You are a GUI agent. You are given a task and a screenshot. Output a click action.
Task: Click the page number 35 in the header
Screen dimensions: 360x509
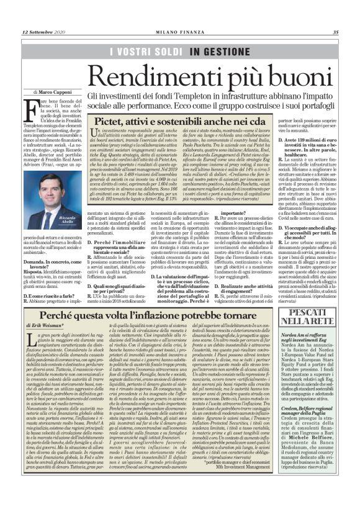click(x=335, y=32)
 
